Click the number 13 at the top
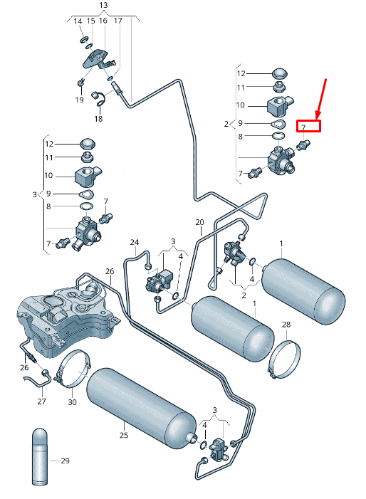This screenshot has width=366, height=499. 103,5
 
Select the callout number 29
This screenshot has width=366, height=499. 65,461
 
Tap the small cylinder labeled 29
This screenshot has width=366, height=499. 40,457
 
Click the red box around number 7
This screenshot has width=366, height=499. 308,126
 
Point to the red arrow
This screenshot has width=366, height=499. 321,99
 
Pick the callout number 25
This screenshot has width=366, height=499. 124,435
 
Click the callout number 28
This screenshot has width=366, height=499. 286,325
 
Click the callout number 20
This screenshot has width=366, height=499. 199,222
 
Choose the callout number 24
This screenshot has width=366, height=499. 135,242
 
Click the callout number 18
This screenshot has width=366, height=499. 98,119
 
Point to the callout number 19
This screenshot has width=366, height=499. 79,100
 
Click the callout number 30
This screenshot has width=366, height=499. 72,402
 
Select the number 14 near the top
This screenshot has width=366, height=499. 78,21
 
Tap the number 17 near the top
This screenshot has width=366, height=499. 117,21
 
